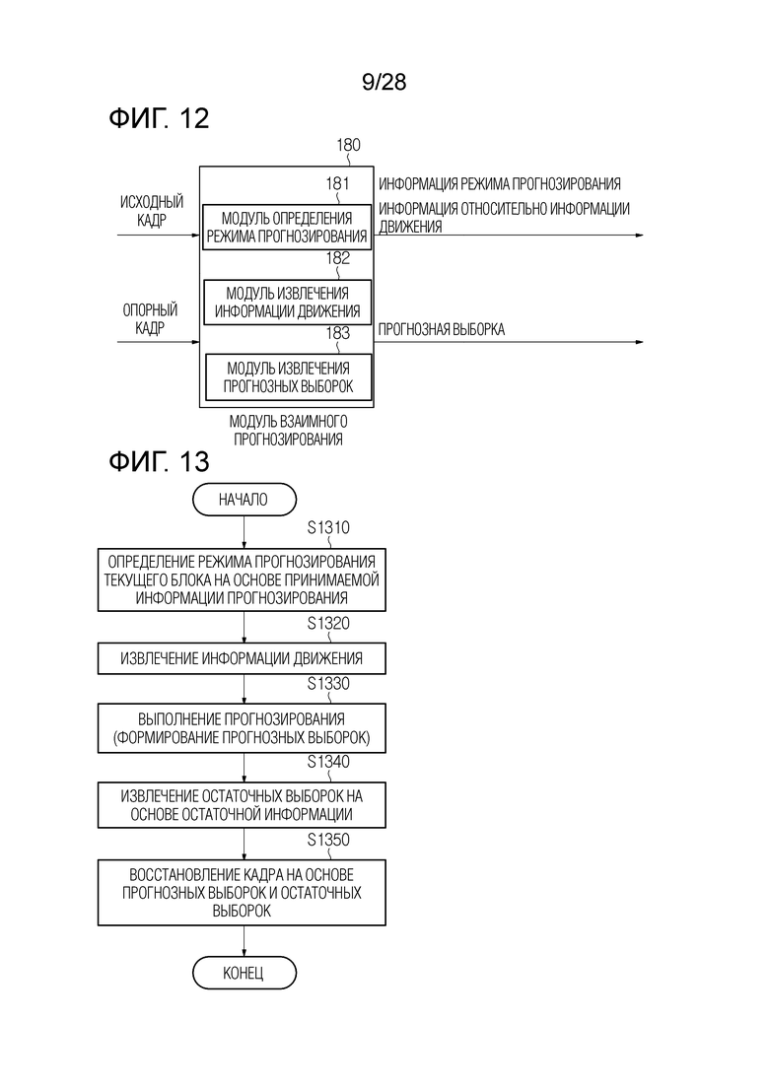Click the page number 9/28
[x=384, y=82]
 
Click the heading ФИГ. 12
[x=159, y=118]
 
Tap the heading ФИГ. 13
[x=159, y=461]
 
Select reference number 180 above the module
[x=348, y=145]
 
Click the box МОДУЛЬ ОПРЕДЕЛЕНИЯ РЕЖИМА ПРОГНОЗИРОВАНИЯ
[x=286, y=228]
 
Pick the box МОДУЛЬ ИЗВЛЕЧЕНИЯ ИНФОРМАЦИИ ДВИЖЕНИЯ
[x=287, y=303]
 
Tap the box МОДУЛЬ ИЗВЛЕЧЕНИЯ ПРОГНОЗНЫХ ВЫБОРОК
[x=288, y=377]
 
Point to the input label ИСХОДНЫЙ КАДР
[x=152, y=211]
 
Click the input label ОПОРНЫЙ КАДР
[x=150, y=318]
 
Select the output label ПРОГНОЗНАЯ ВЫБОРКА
[x=441, y=329]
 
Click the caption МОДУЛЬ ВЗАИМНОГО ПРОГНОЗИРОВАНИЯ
[x=288, y=430]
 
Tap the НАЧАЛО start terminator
[x=245, y=500]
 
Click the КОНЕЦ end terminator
[x=245, y=974]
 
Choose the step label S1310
[x=328, y=527]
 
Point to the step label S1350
[x=328, y=840]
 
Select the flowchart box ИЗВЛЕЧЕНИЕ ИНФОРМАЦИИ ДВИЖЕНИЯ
[x=242, y=658]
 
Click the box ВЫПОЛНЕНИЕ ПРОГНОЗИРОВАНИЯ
[x=242, y=728]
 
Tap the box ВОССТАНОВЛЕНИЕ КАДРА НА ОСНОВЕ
[x=242, y=893]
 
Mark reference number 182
[x=338, y=258]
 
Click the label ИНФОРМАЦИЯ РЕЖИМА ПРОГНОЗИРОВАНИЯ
[x=499, y=183]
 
